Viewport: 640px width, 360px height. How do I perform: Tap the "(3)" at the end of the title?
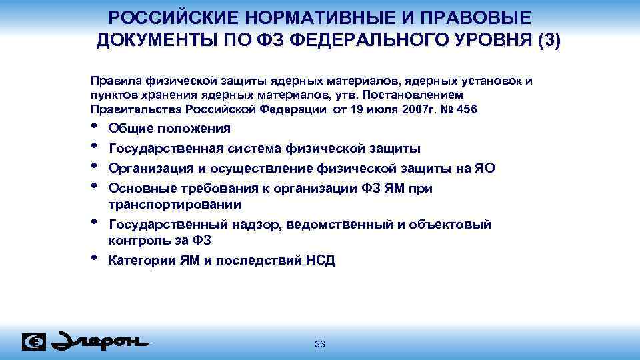tap(549, 39)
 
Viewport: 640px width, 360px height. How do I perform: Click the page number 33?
tap(320, 344)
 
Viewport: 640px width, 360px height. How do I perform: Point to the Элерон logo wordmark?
tap(100, 341)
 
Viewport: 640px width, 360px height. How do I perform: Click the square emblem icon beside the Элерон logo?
tap(34, 342)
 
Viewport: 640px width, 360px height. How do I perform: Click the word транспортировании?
tap(175, 204)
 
